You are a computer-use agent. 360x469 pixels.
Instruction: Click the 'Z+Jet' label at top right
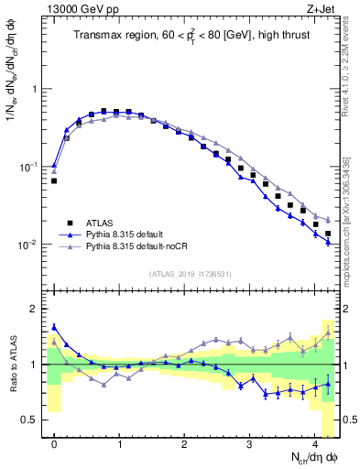pyautogui.click(x=321, y=8)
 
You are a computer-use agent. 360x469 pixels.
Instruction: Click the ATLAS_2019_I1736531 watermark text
pyautogui.click(x=188, y=274)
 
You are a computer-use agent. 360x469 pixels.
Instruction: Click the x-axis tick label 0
pyautogui.click(x=54, y=442)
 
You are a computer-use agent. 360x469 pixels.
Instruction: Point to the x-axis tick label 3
pyautogui.click(x=250, y=442)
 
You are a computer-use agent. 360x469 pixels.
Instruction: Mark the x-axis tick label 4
pyautogui.click(x=315, y=442)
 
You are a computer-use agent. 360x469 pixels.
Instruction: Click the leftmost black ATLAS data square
pyautogui.click(x=54, y=181)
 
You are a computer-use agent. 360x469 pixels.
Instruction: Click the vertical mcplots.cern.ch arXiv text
pyautogui.click(x=352, y=220)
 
